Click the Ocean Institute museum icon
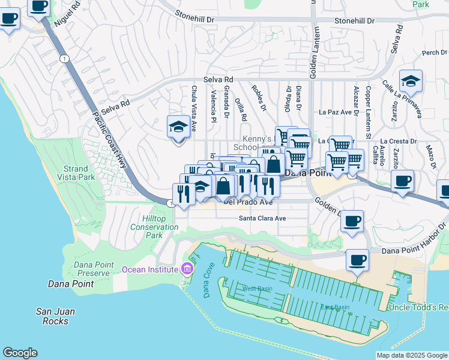click(187, 268)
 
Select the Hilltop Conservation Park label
click(154, 227)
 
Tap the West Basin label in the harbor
click(257, 289)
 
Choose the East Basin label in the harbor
click(334, 307)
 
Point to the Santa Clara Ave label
click(262, 218)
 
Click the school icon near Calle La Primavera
click(411, 80)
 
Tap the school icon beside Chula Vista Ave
click(178, 127)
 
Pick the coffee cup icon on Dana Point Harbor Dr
click(357, 261)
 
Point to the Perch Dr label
click(430, 53)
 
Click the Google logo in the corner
click(20, 353)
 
